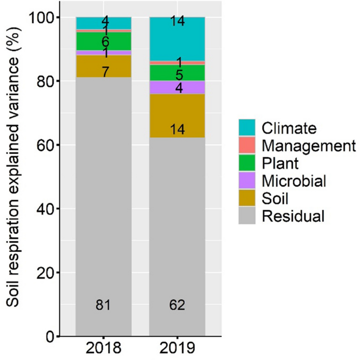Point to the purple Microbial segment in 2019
[177, 87]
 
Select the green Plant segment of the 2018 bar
[104, 42]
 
